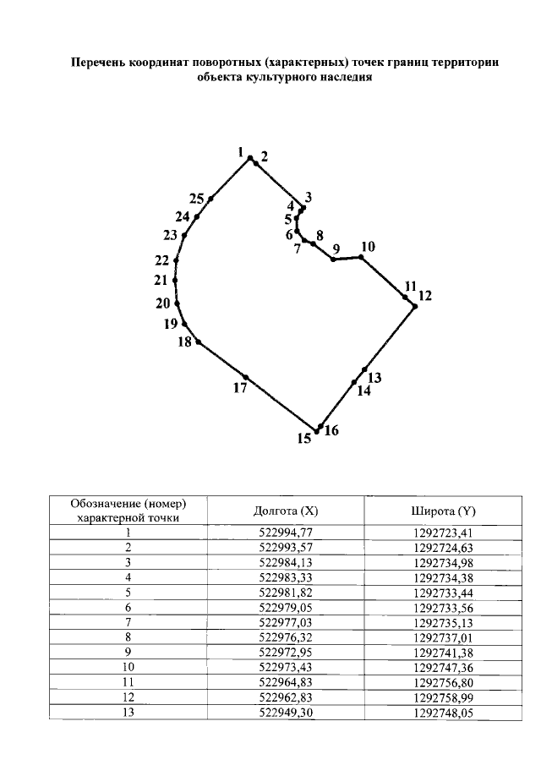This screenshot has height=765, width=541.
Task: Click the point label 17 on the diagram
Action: [240, 388]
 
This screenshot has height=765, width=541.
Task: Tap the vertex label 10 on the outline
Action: [367, 247]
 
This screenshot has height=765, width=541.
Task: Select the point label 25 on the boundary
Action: [197, 199]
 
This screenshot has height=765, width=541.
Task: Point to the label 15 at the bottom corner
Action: [304, 438]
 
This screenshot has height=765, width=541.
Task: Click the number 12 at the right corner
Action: [424, 296]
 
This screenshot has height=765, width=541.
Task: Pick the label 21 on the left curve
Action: [161, 281]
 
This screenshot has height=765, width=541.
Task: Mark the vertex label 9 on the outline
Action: [336, 249]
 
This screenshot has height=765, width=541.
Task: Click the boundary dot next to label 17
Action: [245, 376]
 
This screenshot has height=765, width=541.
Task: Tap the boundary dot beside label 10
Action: [361, 256]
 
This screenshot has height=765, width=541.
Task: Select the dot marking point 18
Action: [199, 342]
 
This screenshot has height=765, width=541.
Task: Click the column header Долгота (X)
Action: [286, 511]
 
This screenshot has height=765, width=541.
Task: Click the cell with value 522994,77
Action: [286, 533]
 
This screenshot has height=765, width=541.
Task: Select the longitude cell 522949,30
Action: [286, 713]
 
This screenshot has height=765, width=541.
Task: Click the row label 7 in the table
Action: [128, 623]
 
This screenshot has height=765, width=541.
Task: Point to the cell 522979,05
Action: [286, 608]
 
